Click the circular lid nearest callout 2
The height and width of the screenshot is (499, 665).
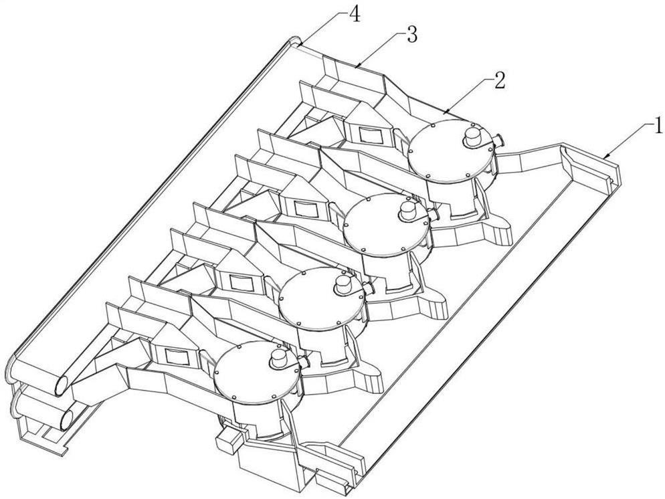click(x=452, y=151)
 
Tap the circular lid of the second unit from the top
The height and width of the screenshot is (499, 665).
click(x=387, y=225)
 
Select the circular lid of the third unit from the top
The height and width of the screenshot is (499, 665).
click(x=322, y=299)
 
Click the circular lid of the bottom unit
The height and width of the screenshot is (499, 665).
click(x=258, y=373)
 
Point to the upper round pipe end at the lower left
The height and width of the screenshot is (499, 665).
click(x=63, y=385)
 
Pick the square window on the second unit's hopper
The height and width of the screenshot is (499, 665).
click(x=304, y=209)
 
